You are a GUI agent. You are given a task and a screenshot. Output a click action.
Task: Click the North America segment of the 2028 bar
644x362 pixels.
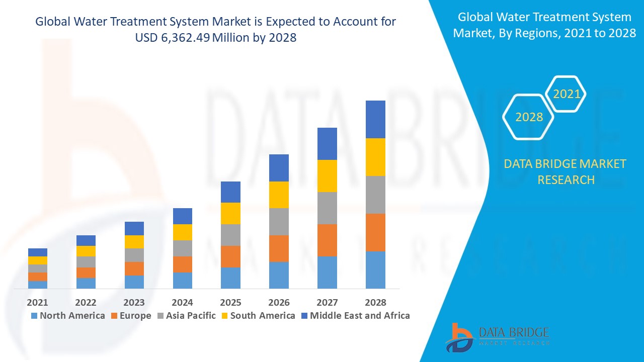point(375,270)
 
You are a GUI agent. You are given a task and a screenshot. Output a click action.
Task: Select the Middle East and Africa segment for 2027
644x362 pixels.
point(327,144)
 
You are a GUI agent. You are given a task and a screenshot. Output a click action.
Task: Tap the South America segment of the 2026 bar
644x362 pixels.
point(279,195)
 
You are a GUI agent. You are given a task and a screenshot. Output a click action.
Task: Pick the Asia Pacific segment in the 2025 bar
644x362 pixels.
point(230,235)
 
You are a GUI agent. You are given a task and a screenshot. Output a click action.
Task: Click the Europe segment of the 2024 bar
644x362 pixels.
point(182,264)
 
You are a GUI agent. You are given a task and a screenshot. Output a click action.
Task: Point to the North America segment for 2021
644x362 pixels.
point(38,285)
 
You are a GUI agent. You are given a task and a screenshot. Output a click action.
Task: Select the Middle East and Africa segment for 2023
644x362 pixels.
point(134,228)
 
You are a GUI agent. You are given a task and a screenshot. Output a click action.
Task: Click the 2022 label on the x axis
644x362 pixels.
point(86,302)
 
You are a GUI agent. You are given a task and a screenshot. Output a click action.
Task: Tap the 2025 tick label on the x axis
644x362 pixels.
point(230,302)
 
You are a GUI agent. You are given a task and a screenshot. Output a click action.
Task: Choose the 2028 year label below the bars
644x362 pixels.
point(375,302)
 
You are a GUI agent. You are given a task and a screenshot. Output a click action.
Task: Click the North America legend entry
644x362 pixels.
point(67,316)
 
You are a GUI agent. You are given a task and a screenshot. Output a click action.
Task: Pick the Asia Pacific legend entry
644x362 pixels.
point(187,316)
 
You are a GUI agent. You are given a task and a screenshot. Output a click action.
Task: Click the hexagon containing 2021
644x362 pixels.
point(566,94)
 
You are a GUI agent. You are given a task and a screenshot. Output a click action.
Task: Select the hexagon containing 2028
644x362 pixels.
point(529,117)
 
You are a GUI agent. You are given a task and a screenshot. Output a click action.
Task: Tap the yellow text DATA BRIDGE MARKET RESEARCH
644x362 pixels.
point(566,171)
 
